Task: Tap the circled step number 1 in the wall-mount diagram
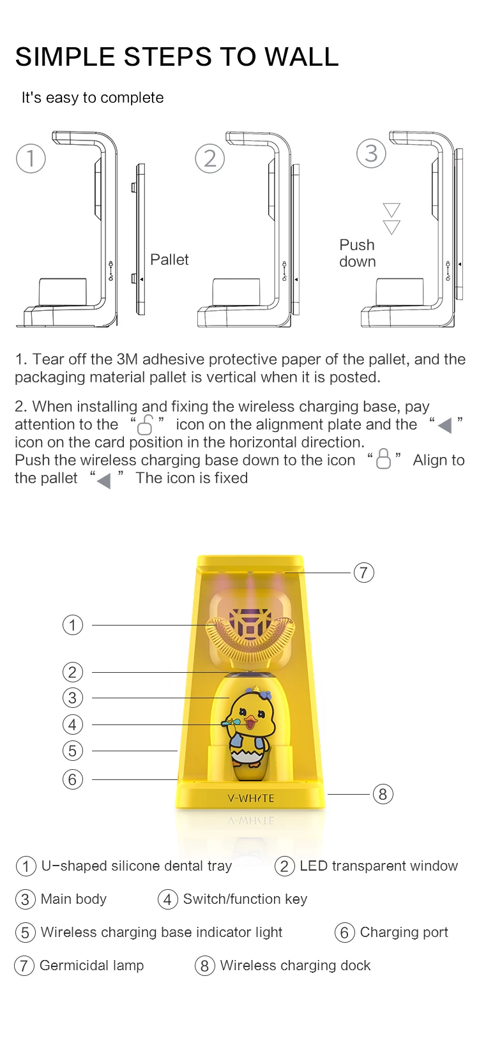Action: tap(31, 158)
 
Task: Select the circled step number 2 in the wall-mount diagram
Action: tap(210, 158)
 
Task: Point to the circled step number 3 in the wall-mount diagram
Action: tap(371, 153)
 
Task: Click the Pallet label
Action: tap(169, 260)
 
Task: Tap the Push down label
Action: tap(358, 253)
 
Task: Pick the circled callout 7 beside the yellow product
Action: tap(363, 573)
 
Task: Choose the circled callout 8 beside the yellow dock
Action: tap(383, 794)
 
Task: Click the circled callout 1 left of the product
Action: tap(73, 624)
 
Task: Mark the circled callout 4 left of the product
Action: tap(73, 724)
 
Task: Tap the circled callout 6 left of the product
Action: tap(73, 779)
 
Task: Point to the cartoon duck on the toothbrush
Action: tap(249, 724)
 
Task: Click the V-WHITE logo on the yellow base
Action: tap(250, 798)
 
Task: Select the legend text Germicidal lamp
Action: tap(91, 965)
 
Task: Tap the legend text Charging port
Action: tap(404, 932)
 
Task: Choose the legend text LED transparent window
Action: tap(378, 866)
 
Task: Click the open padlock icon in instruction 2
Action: tap(146, 424)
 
